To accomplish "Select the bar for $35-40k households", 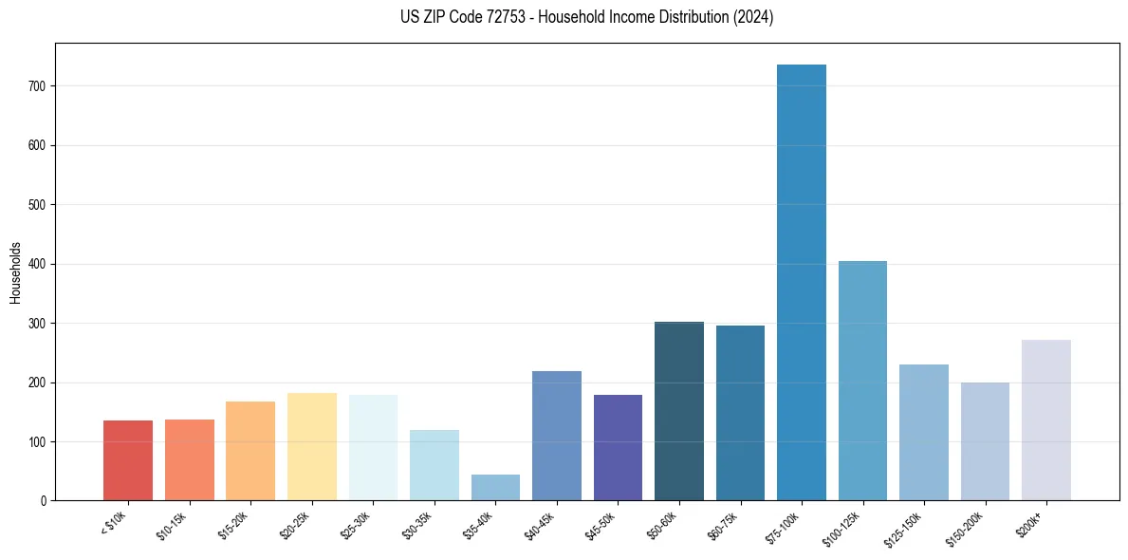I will pos(495,487).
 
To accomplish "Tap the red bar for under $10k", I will pos(128,460).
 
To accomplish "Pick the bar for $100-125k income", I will pos(862,381).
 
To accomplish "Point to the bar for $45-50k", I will pos(618,447).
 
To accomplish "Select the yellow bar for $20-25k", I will pos(311,446).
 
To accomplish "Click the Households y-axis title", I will pos(15,272).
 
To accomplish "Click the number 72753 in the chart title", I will pos(508,17).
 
